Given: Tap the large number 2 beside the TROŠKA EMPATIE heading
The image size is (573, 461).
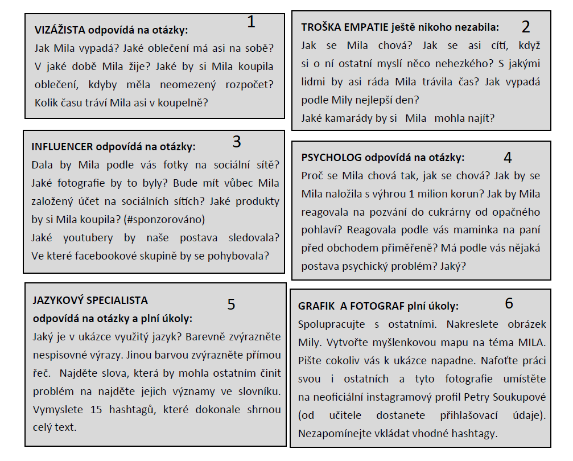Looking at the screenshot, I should point(525,27).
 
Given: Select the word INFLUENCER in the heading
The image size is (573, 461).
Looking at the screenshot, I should point(62,146).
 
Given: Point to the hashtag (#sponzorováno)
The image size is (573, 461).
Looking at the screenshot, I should point(164,219).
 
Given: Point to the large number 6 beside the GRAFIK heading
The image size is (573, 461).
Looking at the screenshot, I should point(509,303).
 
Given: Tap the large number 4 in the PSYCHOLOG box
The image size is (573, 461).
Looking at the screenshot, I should point(508,157).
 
